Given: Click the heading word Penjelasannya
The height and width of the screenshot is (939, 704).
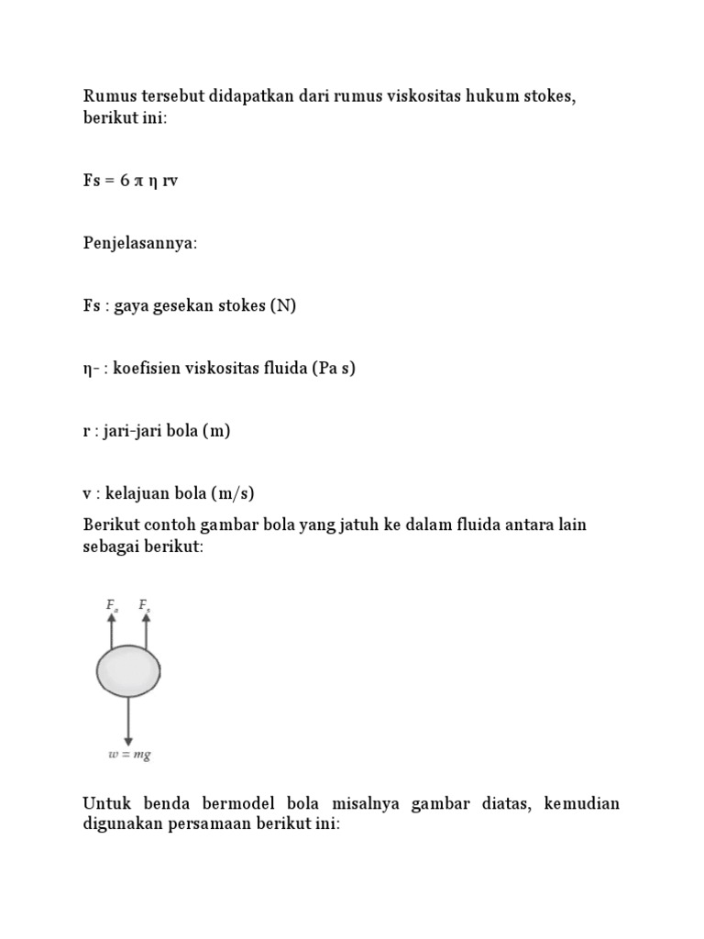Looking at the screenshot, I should (x=139, y=243).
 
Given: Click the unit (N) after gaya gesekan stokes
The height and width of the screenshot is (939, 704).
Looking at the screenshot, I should (x=282, y=306).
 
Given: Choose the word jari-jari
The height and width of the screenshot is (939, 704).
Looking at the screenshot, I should (x=137, y=431).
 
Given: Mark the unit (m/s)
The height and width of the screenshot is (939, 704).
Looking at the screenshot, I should (x=232, y=493).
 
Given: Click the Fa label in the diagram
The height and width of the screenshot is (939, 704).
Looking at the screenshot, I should (x=112, y=605).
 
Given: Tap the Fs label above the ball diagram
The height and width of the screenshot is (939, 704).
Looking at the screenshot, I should (x=145, y=605).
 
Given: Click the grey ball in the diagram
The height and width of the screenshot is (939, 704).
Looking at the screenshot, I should (x=128, y=672).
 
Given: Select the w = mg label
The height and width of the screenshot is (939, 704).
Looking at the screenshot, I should (x=129, y=756).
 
